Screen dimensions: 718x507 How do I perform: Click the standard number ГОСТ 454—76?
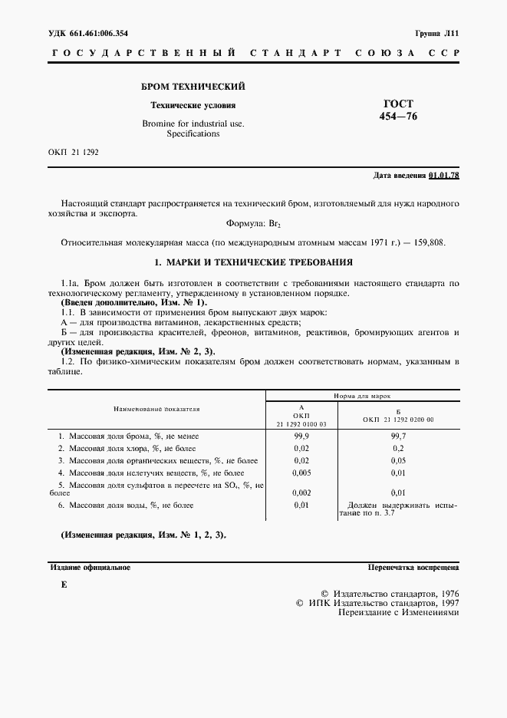point(398,110)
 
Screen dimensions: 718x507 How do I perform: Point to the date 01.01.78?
point(444,176)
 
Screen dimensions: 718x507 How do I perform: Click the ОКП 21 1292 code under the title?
point(73,152)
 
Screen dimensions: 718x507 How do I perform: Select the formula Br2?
point(276,224)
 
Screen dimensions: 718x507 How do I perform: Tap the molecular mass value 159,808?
point(428,242)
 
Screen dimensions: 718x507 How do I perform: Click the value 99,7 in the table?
point(398,436)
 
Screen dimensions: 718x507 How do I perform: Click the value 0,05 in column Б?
point(398,460)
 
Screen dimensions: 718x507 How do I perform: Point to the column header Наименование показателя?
point(156,409)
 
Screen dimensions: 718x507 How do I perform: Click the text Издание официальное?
point(90,568)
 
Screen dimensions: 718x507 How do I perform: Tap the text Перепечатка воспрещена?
point(413,568)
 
